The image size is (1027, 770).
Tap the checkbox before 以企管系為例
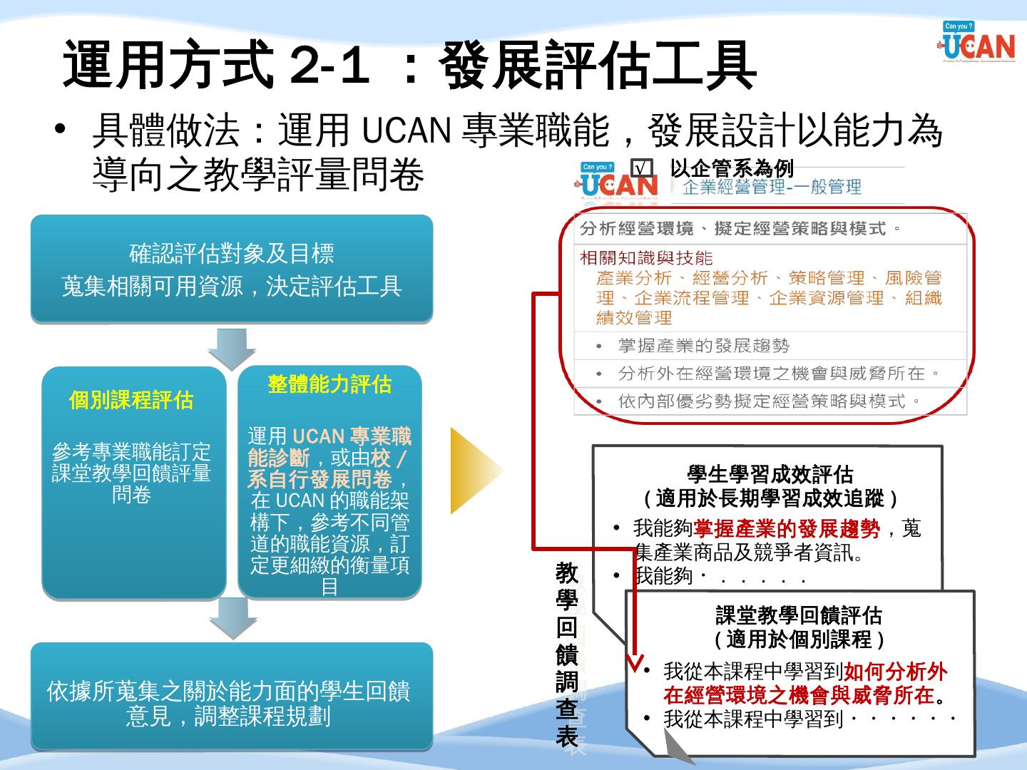pyautogui.click(x=642, y=168)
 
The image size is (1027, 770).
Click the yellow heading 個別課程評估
pyautogui.click(x=131, y=400)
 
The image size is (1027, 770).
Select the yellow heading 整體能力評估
pyautogui.click(x=329, y=384)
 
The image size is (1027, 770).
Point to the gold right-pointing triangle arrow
pyautogui.click(x=475, y=471)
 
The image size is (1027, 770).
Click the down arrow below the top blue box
pyautogui.click(x=232, y=347)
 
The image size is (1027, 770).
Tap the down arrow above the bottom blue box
pyautogui.click(x=233, y=617)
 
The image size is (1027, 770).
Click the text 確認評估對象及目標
pyautogui.click(x=232, y=253)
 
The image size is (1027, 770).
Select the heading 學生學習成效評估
pyautogui.click(x=770, y=474)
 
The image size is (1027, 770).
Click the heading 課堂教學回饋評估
pyautogui.click(x=799, y=615)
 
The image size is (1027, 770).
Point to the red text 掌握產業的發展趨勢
pyautogui.click(x=787, y=528)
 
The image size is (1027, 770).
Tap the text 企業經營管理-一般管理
pyautogui.click(x=772, y=188)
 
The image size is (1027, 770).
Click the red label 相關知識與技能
pyautogui.click(x=646, y=257)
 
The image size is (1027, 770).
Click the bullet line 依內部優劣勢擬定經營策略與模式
pyautogui.click(x=769, y=401)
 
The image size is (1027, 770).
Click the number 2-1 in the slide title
pyautogui.click(x=329, y=66)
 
